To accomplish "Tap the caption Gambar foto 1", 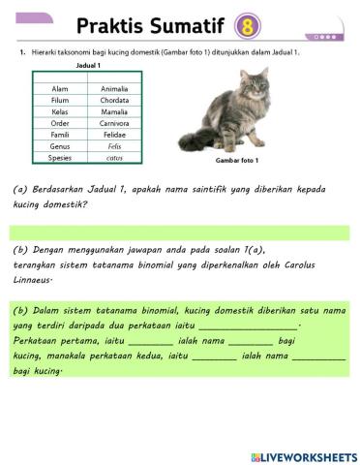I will coord(237,159).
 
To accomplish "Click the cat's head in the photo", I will coord(253,85).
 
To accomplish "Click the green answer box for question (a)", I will coord(179,232).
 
